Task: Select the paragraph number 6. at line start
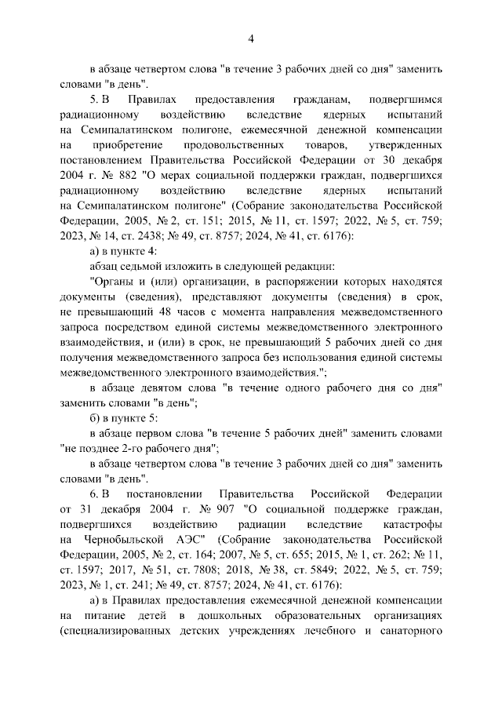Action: tap(94, 495)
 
